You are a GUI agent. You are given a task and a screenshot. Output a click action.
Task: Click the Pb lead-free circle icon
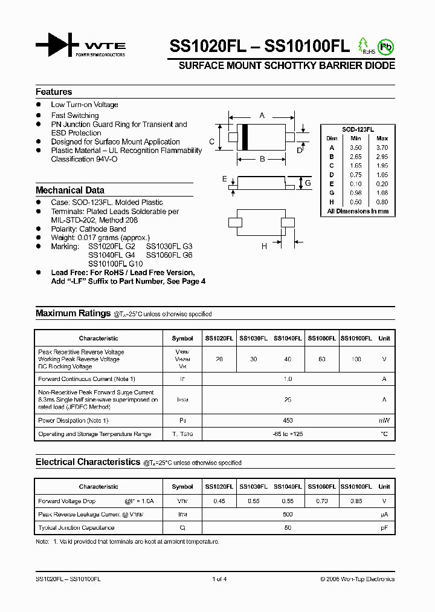tap(384, 46)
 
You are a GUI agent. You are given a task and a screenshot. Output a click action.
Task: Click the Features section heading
tap(54, 92)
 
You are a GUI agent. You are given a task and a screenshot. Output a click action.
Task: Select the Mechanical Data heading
tap(70, 190)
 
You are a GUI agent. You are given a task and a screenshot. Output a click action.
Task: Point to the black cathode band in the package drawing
tap(245, 137)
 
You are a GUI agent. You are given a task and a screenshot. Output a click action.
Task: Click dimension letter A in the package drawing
tap(262, 115)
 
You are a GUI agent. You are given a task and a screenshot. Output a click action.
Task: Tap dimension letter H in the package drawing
tap(264, 246)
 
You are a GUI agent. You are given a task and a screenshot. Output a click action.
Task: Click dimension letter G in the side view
tap(308, 183)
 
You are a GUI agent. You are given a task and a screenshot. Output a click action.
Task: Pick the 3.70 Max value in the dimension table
tap(382, 148)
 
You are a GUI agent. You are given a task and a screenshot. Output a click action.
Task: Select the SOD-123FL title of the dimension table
tap(358, 130)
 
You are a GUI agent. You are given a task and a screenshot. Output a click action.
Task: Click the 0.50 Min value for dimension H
tap(355, 202)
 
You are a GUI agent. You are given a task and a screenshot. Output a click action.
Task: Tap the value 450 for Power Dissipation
tap(287, 420)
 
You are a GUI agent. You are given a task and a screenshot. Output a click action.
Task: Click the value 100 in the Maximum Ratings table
tap(356, 359)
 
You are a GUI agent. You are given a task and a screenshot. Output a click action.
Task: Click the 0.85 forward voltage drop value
tap(356, 501)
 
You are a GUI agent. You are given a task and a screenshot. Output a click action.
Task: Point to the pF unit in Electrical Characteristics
tap(384, 528)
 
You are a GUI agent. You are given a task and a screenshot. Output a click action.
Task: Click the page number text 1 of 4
tap(219, 579)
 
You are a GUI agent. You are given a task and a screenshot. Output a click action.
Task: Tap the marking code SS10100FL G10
tap(115, 264)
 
